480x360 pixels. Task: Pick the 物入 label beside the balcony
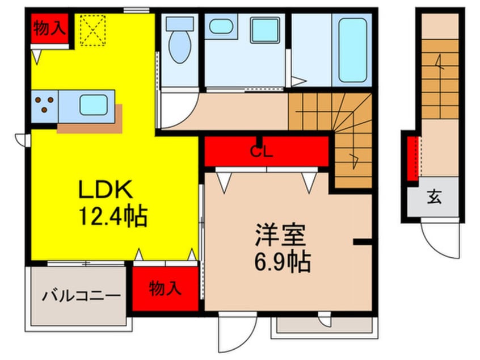click(165, 288)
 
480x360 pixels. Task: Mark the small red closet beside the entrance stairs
click(413, 157)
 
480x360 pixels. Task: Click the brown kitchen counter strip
click(89, 125)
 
